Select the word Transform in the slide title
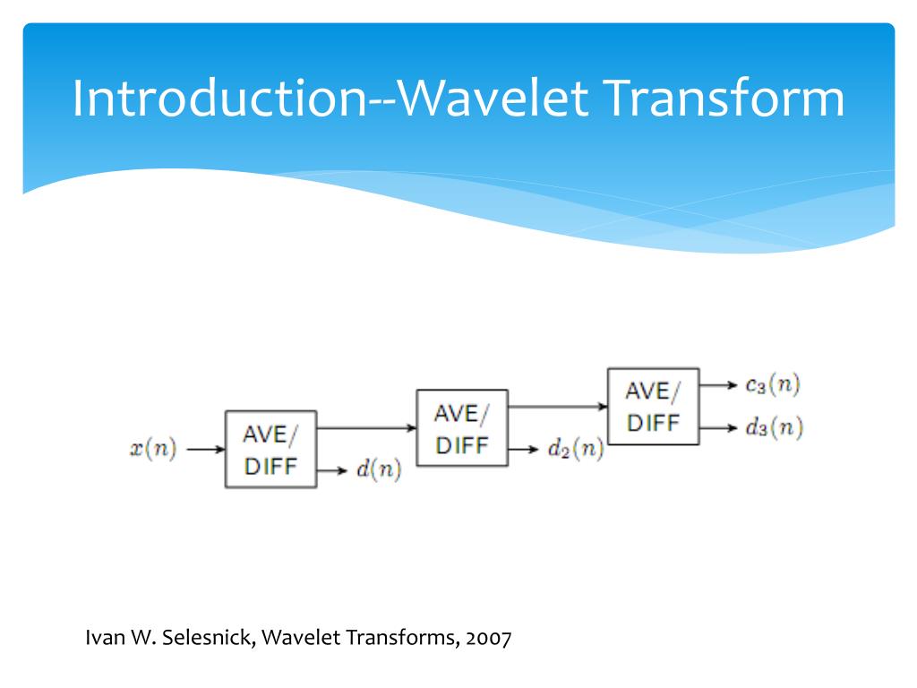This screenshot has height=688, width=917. click(x=724, y=98)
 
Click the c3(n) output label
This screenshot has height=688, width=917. click(x=773, y=385)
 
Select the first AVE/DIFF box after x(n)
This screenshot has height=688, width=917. click(x=270, y=449)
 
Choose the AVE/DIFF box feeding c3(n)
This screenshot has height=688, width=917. click(x=653, y=406)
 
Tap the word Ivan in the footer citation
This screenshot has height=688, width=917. click(x=102, y=639)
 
